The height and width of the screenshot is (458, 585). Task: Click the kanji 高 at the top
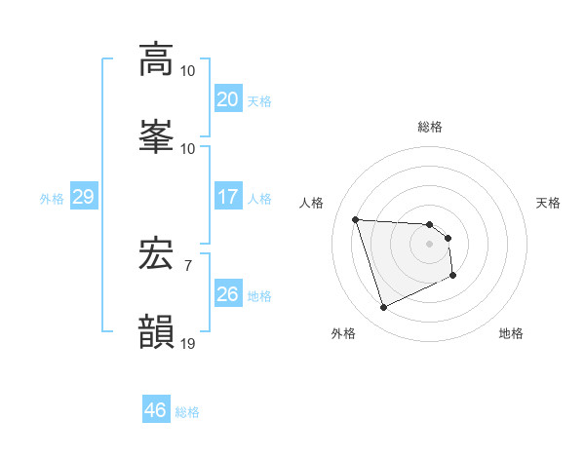[156, 58]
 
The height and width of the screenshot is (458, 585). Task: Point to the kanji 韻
[156, 331]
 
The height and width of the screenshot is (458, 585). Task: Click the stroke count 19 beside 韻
[188, 343]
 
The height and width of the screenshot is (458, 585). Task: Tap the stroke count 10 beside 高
[188, 70]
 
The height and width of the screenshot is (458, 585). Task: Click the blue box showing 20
[227, 99]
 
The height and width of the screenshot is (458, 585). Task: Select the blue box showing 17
[227, 197]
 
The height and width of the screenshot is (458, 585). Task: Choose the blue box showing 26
[227, 294]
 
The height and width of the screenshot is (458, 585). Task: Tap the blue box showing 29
[83, 197]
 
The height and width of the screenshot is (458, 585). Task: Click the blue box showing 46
[155, 410]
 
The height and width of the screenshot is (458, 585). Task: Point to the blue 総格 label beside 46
[187, 412]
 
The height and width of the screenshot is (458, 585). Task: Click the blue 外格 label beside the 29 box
[52, 199]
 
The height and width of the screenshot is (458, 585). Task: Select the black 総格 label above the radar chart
[430, 127]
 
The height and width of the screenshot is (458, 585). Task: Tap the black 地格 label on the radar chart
[511, 333]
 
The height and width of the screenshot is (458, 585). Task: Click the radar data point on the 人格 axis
[356, 219]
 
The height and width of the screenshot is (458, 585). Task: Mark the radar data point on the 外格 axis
[383, 308]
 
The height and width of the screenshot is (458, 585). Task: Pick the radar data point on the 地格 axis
[453, 277]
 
